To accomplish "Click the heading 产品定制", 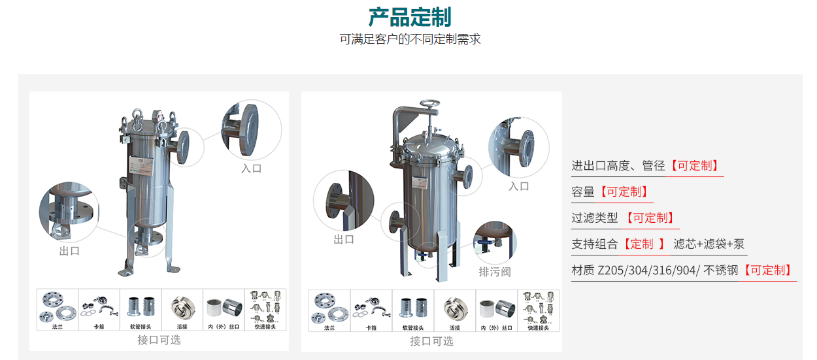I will [x=409, y=16].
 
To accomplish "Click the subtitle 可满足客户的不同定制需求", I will [x=410, y=39].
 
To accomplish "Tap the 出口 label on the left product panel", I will [x=69, y=250].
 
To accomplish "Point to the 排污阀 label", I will [x=494, y=271].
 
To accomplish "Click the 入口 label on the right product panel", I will [x=518, y=186].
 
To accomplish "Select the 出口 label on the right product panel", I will [x=344, y=239].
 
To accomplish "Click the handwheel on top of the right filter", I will [x=429, y=105].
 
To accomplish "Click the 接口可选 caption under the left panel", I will [x=159, y=340].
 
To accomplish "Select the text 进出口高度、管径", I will [x=618, y=165].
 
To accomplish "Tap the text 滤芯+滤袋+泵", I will [x=709, y=244].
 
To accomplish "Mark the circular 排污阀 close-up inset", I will [x=495, y=242].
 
